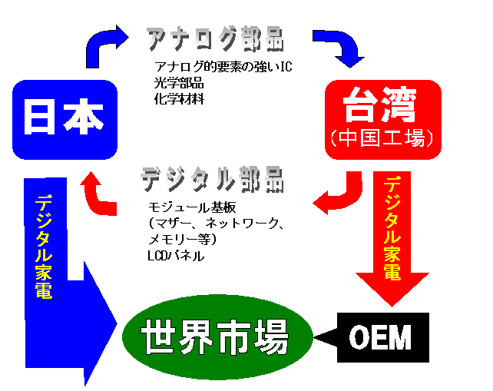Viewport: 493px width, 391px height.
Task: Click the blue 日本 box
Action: (65, 119)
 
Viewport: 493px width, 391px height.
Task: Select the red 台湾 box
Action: (383, 118)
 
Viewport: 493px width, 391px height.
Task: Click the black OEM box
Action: (382, 337)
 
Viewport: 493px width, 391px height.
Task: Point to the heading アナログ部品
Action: (214, 38)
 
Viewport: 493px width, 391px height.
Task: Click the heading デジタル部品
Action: (211, 178)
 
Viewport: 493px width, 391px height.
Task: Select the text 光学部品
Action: (180, 83)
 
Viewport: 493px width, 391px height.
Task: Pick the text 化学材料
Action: (180, 99)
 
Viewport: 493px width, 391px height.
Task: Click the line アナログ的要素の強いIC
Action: (223, 67)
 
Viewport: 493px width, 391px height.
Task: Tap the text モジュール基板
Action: (191, 207)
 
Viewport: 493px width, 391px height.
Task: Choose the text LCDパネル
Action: (176, 256)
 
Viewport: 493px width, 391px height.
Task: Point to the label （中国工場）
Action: (383, 138)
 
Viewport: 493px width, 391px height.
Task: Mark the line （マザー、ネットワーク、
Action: (217, 224)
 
